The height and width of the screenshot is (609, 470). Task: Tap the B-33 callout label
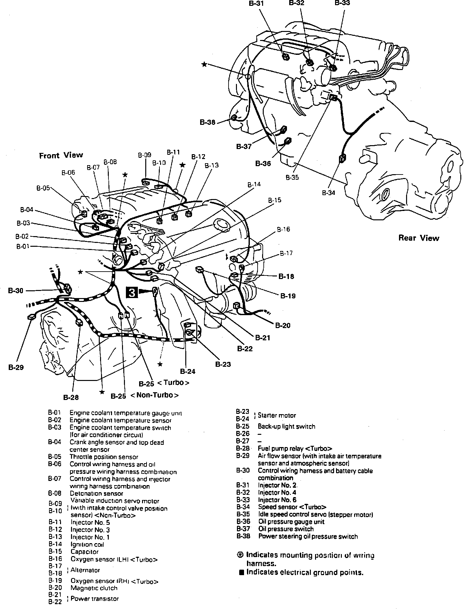(342, 3)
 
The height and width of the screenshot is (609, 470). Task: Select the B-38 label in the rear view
(207, 123)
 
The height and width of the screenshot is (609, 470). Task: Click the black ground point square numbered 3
(132, 293)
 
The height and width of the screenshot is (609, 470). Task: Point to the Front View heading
(61, 155)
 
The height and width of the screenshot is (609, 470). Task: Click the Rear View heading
(419, 238)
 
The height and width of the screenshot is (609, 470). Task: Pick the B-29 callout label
(16, 367)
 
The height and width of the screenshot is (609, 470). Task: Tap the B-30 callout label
(15, 291)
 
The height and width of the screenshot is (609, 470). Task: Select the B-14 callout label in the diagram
(254, 185)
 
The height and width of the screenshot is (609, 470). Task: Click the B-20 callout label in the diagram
(283, 325)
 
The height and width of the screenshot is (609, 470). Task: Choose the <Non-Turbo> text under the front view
(155, 395)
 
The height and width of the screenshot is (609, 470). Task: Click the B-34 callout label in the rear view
(328, 193)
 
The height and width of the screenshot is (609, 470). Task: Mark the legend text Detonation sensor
(97, 494)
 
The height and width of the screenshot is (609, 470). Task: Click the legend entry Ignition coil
(87, 544)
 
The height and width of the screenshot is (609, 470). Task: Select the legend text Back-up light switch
(286, 426)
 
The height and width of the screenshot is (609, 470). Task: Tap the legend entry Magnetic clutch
(94, 588)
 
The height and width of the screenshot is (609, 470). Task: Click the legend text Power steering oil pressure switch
(308, 536)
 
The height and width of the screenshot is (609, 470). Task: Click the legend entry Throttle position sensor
(104, 457)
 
